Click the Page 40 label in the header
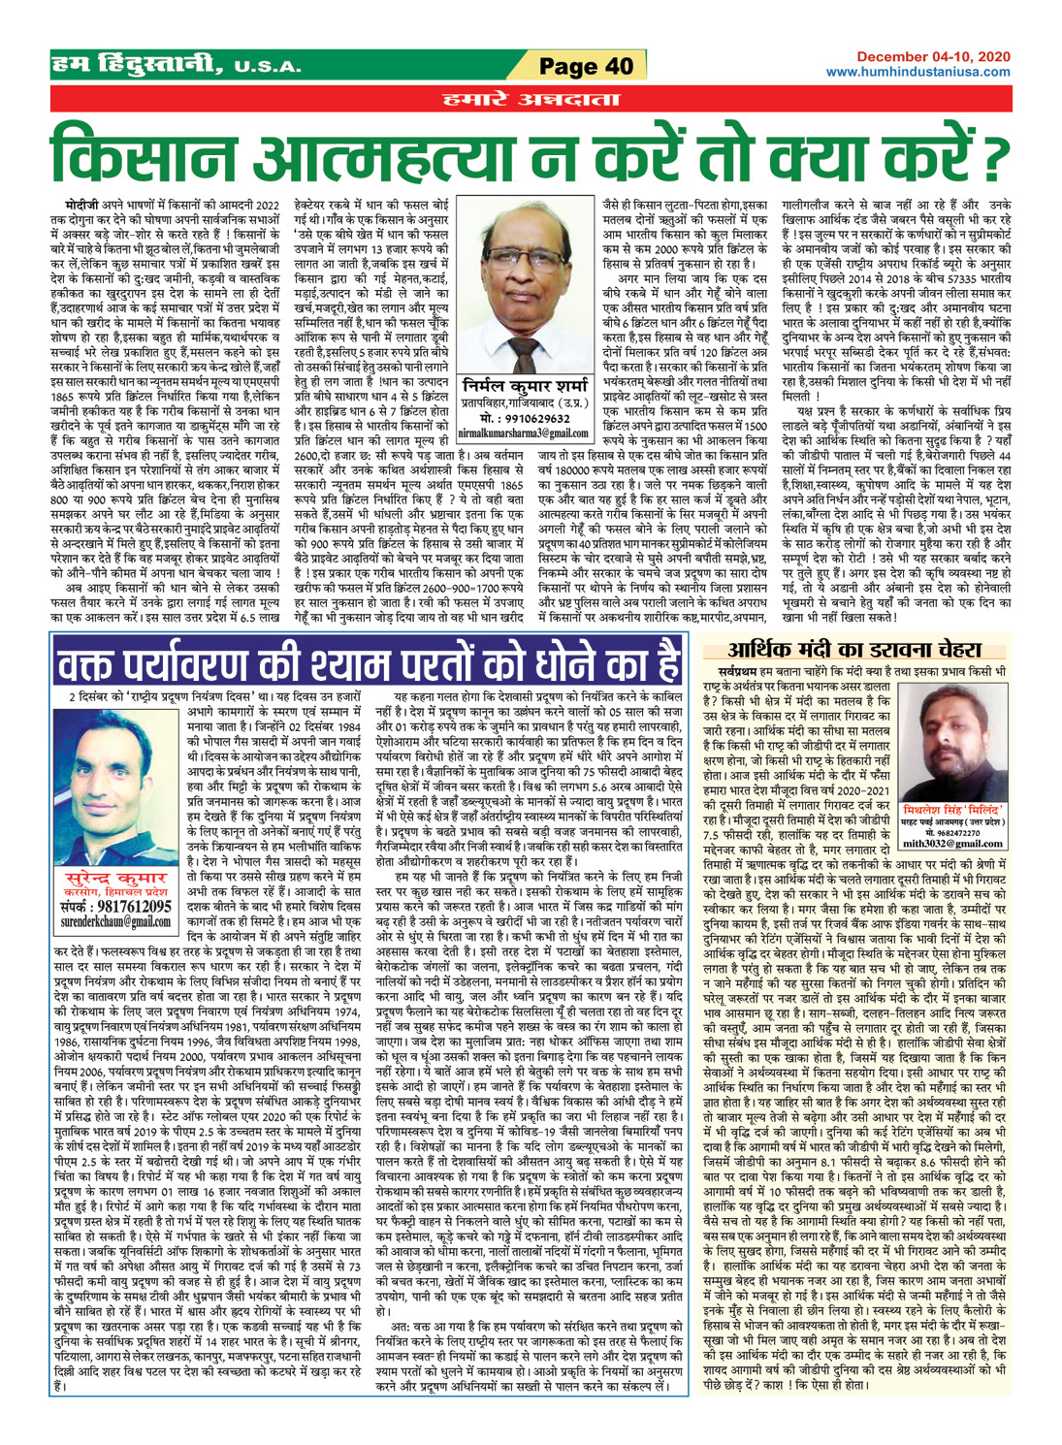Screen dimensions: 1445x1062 [x=585, y=66]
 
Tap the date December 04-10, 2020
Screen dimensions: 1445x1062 [x=932, y=59]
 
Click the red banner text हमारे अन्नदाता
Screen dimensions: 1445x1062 [x=530, y=98]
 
